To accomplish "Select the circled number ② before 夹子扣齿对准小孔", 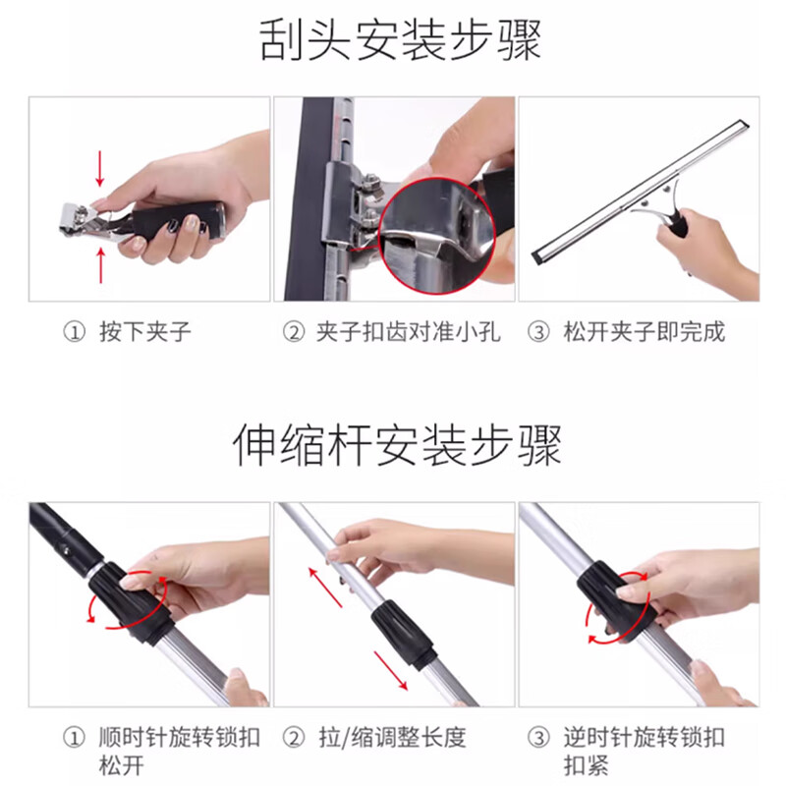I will [294, 331].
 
